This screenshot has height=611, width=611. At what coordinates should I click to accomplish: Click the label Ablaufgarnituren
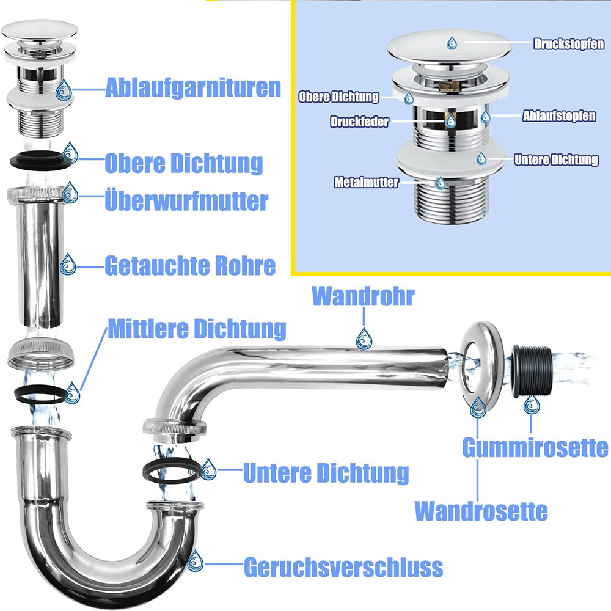coord(193,88)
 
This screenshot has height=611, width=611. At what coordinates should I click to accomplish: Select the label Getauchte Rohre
coord(190,266)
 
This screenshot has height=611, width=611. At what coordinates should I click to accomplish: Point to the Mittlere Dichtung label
coord(197,329)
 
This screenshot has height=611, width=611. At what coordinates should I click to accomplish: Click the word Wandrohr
coord(363,296)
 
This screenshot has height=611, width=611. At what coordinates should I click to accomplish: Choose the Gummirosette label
coord(535,447)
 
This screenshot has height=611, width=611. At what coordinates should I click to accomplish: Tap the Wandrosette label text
coord(481,510)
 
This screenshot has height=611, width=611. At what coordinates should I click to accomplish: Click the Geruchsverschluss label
coord(343,567)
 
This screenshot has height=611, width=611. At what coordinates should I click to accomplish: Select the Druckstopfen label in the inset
coord(569,44)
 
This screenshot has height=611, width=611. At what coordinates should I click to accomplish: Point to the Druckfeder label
coord(359,122)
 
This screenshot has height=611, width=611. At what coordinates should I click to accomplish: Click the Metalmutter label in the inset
coord(366,182)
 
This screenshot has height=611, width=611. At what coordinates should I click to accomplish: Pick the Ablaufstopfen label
coord(559,116)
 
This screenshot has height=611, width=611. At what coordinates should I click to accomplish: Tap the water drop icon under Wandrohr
coord(364,338)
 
